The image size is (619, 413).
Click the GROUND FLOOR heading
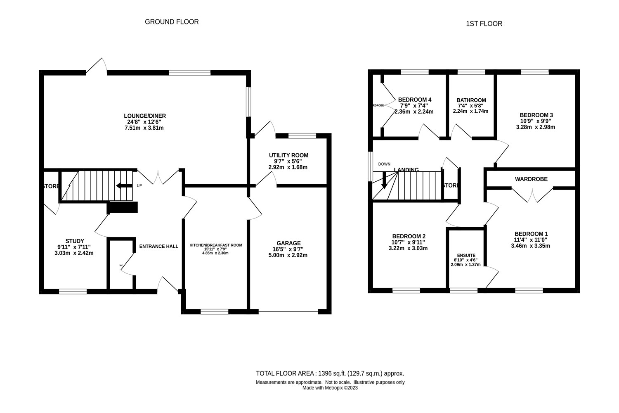172,22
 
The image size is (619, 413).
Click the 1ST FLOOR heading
484,24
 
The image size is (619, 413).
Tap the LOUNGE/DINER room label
145,116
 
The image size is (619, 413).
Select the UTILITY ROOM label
288,155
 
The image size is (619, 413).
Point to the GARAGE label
288,243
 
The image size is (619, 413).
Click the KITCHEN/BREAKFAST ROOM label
216,245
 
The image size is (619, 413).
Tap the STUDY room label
75,241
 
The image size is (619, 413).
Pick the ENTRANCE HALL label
159,247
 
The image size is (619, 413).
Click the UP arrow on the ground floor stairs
124,185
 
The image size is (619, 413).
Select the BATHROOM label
471,100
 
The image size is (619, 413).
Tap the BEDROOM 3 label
536,115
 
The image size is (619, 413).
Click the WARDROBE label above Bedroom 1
531,179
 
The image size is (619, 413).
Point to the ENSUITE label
466,255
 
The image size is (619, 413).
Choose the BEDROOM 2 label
409,236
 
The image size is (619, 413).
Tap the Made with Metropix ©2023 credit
330,388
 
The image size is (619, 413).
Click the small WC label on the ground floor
121,265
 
